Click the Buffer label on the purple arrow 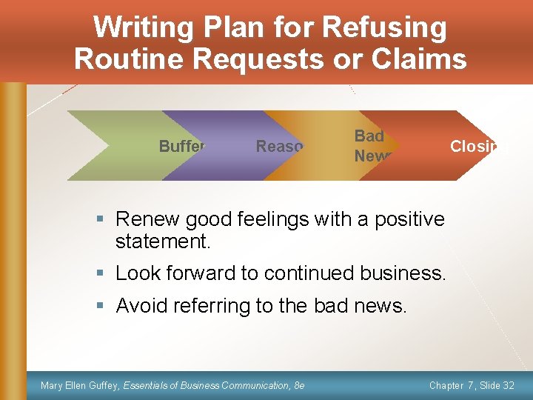click(x=182, y=146)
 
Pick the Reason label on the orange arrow click(x=279, y=146)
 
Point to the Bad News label click(x=369, y=146)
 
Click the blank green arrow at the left click(x=111, y=146)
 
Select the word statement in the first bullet click(x=160, y=241)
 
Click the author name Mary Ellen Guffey click(x=80, y=385)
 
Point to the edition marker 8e click(x=299, y=385)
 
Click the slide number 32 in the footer click(x=508, y=385)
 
